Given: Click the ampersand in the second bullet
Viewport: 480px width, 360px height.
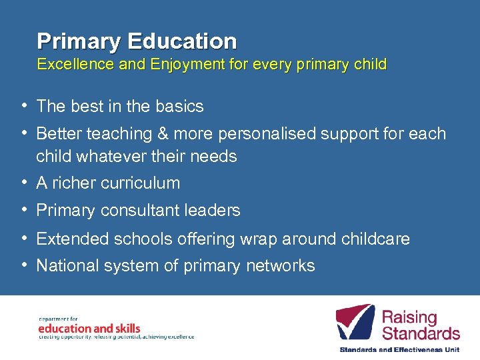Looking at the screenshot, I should point(163,133).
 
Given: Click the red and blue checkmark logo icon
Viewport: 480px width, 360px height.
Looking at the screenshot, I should point(355,323).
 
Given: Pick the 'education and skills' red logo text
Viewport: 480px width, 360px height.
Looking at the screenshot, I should point(89,328).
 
